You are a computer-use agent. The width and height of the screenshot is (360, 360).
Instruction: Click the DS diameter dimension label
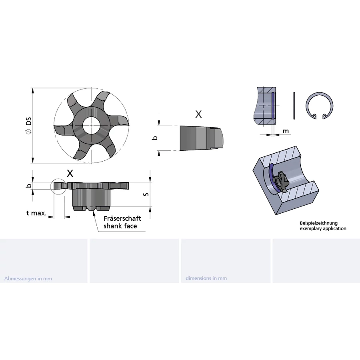click(x=29, y=125)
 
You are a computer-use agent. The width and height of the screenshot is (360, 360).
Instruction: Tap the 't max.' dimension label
click(x=36, y=213)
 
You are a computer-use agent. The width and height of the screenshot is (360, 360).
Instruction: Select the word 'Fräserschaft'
click(x=122, y=218)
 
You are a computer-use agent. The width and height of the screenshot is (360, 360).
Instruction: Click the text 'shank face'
click(x=120, y=226)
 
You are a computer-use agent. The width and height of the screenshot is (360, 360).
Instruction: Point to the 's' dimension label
click(x=146, y=194)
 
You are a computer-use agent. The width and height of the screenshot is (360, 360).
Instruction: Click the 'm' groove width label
click(x=286, y=131)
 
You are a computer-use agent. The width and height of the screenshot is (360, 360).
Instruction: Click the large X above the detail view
click(x=198, y=114)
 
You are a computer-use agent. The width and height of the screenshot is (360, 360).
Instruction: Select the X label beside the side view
click(x=70, y=174)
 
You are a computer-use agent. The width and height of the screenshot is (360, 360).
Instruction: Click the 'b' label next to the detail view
click(x=156, y=138)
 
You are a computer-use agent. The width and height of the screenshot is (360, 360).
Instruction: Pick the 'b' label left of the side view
click(x=29, y=186)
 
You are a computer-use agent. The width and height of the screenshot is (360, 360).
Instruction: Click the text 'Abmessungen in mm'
click(x=28, y=278)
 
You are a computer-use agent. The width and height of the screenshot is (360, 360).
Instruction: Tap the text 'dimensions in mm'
click(x=206, y=278)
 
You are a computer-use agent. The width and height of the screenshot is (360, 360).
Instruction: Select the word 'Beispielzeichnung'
click(x=319, y=223)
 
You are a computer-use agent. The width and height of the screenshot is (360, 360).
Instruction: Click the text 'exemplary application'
click(x=323, y=228)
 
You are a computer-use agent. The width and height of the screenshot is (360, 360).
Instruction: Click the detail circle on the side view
click(x=51, y=186)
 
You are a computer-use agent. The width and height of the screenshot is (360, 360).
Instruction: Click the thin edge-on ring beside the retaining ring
click(x=294, y=106)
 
